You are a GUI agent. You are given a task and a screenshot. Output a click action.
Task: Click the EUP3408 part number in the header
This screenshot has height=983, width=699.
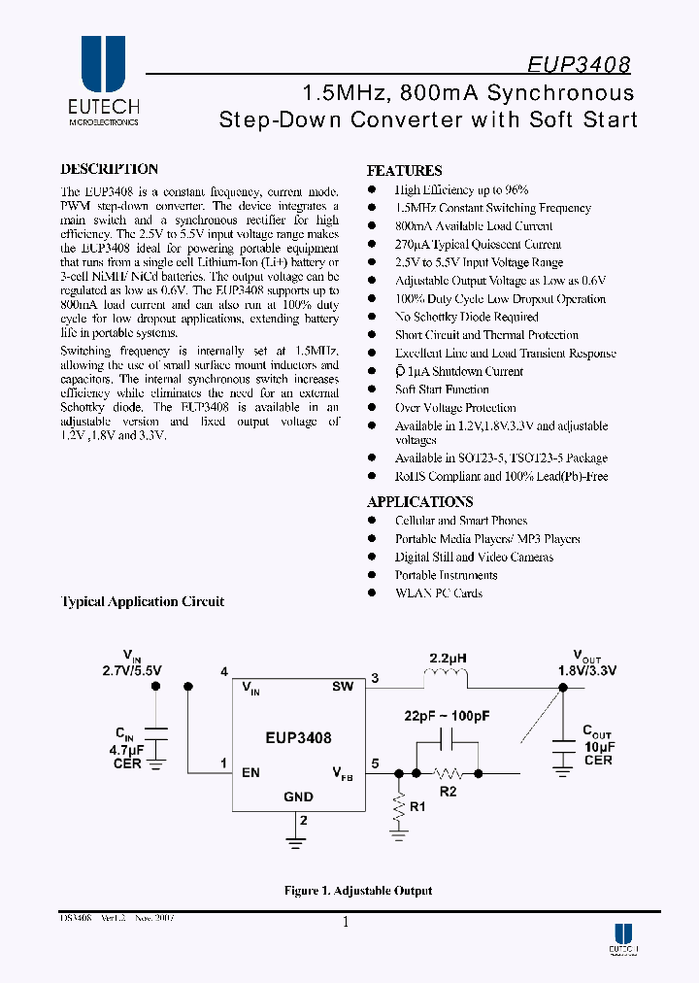(x=579, y=65)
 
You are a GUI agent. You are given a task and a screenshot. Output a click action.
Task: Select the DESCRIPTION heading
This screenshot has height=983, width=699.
(x=109, y=169)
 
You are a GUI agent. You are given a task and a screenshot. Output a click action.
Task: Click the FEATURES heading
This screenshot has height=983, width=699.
(x=404, y=170)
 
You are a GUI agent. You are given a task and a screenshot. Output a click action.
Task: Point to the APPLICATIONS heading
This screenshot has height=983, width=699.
(x=419, y=502)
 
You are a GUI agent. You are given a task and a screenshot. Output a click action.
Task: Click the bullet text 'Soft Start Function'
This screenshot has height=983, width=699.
(x=442, y=390)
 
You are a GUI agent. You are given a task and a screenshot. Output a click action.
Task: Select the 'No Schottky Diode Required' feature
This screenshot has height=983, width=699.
(x=466, y=317)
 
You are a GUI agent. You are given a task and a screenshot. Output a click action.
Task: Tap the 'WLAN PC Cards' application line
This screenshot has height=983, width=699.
(x=438, y=593)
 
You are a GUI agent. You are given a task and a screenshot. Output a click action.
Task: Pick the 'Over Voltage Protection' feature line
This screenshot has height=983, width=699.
(x=455, y=408)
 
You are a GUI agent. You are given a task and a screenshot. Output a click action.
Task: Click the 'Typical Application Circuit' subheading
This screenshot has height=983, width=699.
(x=143, y=602)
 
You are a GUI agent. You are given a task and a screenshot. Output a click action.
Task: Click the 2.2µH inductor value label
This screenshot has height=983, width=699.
(x=448, y=658)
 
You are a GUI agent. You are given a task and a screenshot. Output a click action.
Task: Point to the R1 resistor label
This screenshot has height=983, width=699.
(x=418, y=806)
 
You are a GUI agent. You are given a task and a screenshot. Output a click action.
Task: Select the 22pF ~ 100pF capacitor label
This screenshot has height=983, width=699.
(x=447, y=716)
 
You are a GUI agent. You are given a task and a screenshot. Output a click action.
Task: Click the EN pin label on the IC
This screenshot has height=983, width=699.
(x=250, y=773)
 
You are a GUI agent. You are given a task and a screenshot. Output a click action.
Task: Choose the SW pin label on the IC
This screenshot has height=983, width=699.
(x=342, y=687)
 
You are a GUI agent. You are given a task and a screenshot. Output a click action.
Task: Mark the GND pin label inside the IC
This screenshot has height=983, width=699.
(x=298, y=797)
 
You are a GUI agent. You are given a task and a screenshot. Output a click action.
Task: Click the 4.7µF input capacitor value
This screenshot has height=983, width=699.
(x=129, y=749)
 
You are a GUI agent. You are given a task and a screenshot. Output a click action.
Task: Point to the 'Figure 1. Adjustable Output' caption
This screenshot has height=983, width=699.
(x=357, y=891)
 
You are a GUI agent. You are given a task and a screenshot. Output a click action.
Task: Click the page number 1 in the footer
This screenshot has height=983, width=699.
(x=346, y=924)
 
